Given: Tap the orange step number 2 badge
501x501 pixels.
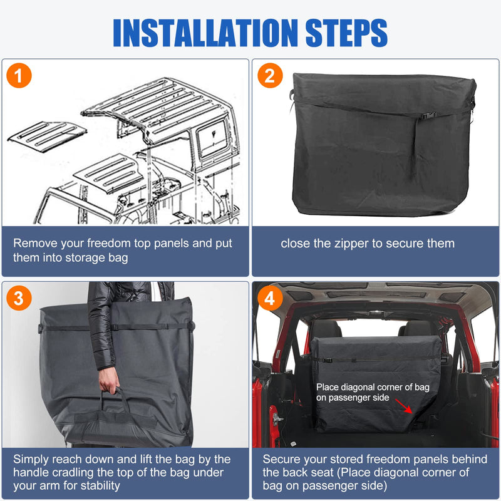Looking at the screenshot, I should point(270,76).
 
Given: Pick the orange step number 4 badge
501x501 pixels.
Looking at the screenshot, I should point(270,299).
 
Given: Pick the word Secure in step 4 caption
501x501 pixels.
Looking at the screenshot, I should point(282,459).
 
